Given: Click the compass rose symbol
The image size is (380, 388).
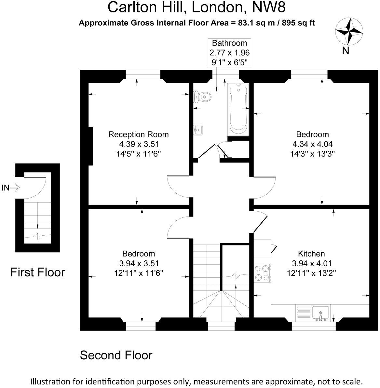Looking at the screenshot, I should (349, 32).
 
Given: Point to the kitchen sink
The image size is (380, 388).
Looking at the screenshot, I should (321, 313).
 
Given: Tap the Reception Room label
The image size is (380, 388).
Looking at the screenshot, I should (138, 134).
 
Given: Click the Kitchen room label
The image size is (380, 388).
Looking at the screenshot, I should (311, 253).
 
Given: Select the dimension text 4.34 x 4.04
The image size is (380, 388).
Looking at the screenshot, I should (312, 144).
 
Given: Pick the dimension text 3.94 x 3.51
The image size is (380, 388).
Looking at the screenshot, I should (139, 263).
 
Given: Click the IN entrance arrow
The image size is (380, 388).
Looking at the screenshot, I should (11, 187).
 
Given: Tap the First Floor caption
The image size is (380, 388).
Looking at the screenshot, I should (38, 272).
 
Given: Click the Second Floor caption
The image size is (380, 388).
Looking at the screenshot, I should (116, 355).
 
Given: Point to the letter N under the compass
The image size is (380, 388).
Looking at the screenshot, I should (346, 51).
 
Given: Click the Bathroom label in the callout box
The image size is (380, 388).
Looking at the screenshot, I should (229, 43).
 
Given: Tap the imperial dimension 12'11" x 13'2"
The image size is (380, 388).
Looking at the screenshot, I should (311, 273).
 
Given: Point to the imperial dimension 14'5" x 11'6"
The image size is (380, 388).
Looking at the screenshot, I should (138, 153).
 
